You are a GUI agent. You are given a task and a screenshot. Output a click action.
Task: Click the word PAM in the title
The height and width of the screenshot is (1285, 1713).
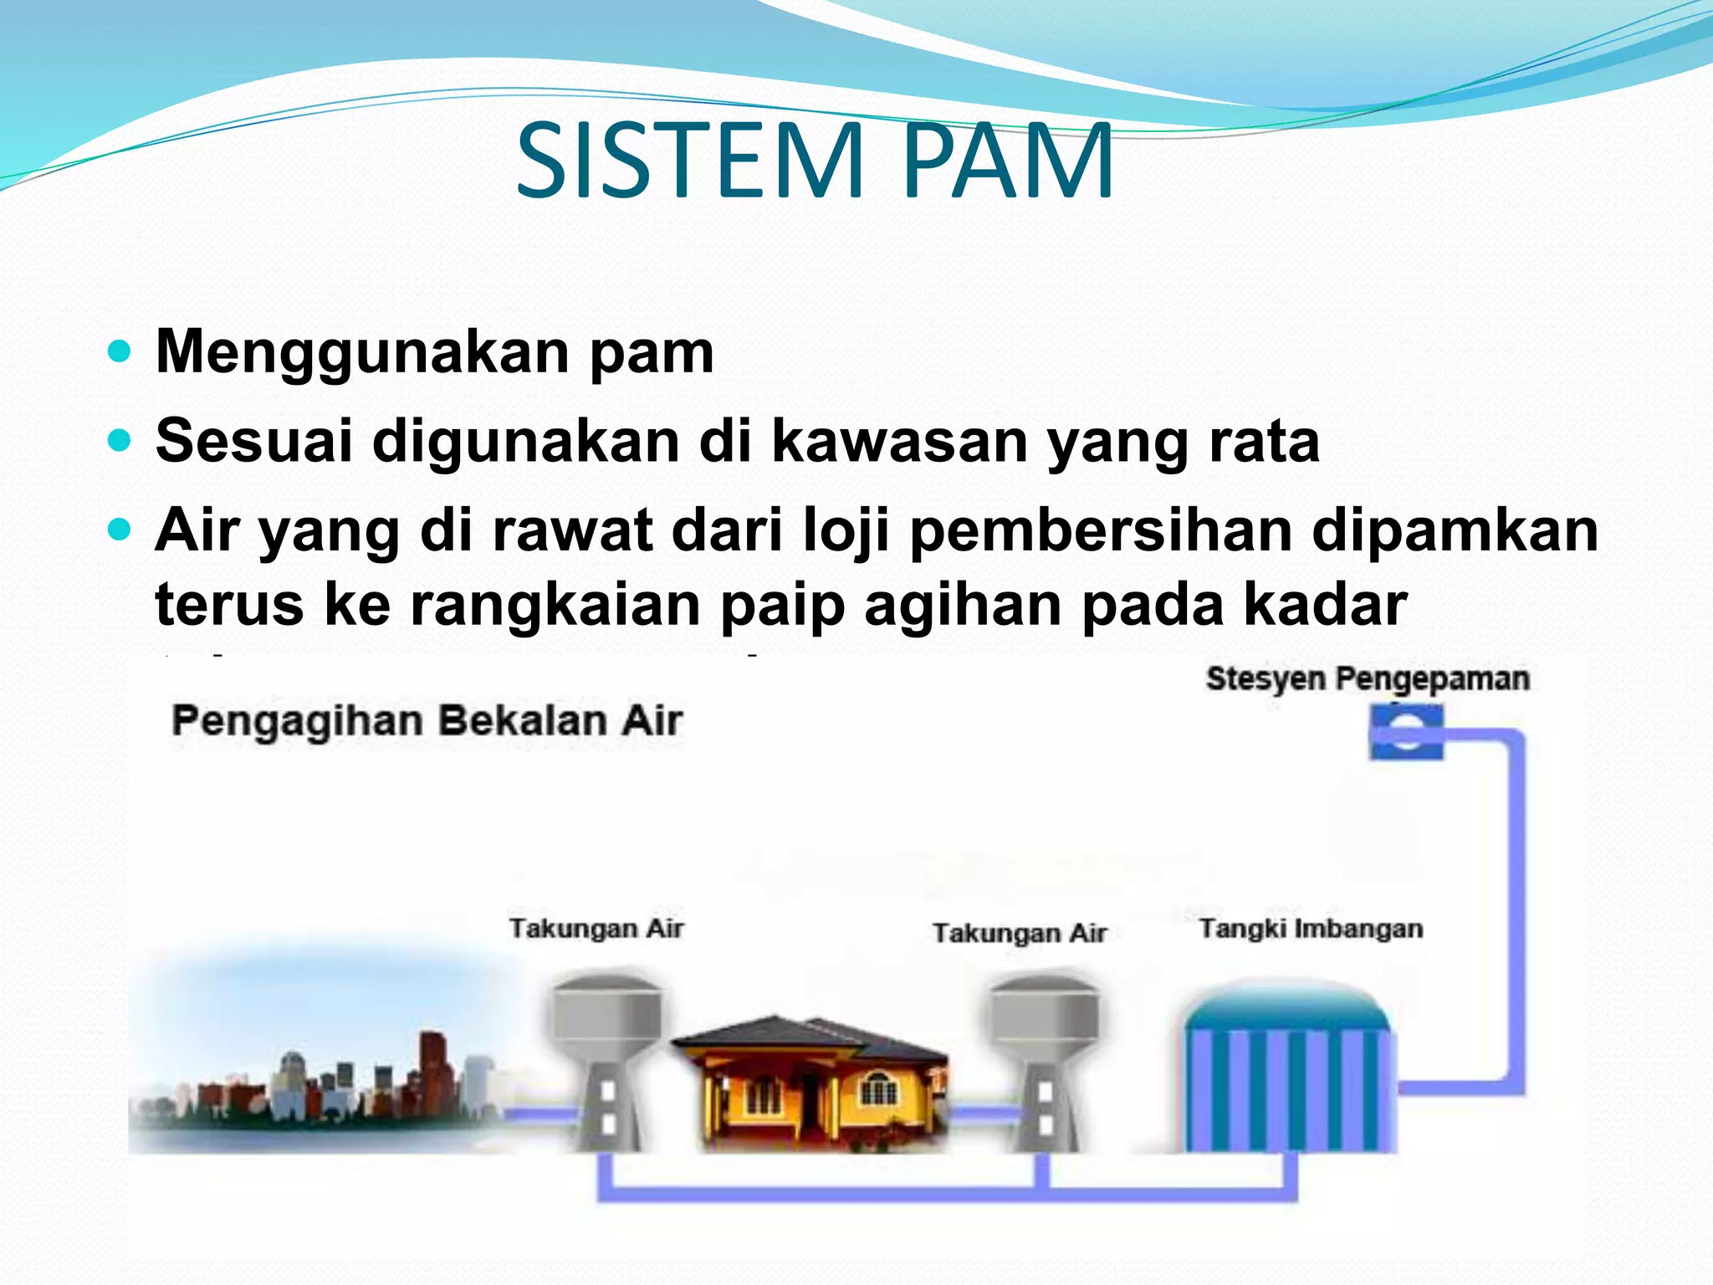pyautogui.click(x=1008, y=161)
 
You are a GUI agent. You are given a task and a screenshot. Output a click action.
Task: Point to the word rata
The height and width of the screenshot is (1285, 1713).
pyautogui.click(x=1264, y=441)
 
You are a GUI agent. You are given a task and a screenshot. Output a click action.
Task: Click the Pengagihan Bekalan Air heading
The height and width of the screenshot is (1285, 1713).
pyautogui.click(x=427, y=721)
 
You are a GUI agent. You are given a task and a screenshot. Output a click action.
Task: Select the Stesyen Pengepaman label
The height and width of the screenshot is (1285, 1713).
pyautogui.click(x=1368, y=678)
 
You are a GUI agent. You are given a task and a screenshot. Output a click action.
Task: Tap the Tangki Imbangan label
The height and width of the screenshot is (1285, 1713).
pyautogui.click(x=1311, y=929)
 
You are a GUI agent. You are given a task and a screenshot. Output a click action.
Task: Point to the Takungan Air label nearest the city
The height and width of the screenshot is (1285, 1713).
pyautogui.click(x=596, y=929)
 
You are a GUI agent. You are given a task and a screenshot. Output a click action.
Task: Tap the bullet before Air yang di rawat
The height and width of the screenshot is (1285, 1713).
pyautogui.click(x=120, y=530)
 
